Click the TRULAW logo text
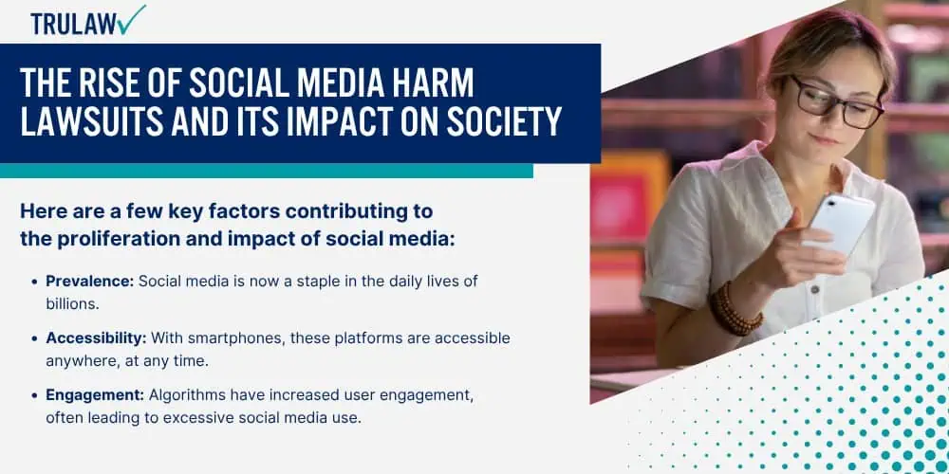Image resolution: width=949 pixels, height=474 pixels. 74,24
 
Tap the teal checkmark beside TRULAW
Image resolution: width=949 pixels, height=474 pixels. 133,19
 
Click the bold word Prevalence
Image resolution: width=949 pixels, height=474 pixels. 89,282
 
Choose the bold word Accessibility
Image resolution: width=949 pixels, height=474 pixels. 96,338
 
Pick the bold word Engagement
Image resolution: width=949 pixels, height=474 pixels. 95,394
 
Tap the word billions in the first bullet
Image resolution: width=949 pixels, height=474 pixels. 72,303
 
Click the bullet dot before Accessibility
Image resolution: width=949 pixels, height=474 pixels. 34,338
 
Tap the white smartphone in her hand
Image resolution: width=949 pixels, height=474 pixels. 841,223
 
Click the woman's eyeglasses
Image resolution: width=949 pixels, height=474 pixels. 838,102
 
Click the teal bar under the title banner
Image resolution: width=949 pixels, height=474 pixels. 267,171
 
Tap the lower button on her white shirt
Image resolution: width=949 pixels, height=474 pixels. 815,289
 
